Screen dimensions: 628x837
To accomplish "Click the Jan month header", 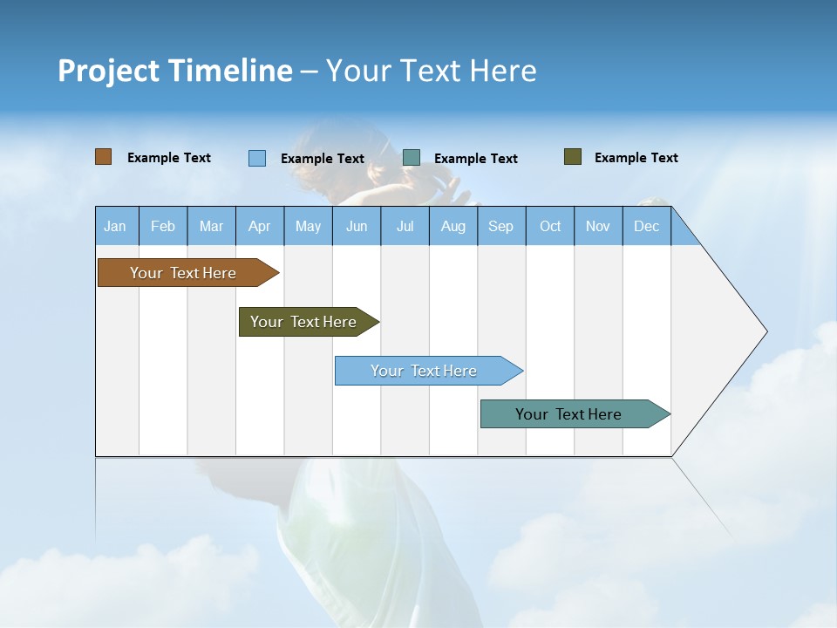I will click(x=115, y=226).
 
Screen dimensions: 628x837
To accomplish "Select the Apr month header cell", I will click(x=259, y=226).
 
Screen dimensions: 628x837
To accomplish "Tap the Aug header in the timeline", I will click(x=453, y=226).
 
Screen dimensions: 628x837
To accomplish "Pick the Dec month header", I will click(x=646, y=226).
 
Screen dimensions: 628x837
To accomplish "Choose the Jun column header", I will click(x=356, y=226).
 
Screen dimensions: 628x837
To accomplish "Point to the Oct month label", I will click(x=550, y=226).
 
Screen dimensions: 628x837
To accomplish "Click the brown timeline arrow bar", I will click(x=183, y=273).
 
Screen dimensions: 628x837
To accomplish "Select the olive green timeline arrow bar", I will click(x=303, y=322).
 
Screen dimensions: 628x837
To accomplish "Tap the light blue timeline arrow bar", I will click(x=424, y=371).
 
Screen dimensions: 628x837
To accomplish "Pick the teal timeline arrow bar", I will click(x=568, y=414).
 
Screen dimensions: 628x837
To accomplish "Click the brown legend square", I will click(x=104, y=157).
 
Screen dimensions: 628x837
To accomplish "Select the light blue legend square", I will click(x=257, y=158).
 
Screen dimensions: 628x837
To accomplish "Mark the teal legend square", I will click(x=412, y=158).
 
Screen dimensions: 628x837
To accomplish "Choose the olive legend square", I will click(x=573, y=157).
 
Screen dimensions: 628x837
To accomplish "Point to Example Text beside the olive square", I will click(x=636, y=158).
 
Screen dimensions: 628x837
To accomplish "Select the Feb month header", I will click(x=163, y=226).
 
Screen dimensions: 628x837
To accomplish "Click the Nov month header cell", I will click(x=598, y=226).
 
